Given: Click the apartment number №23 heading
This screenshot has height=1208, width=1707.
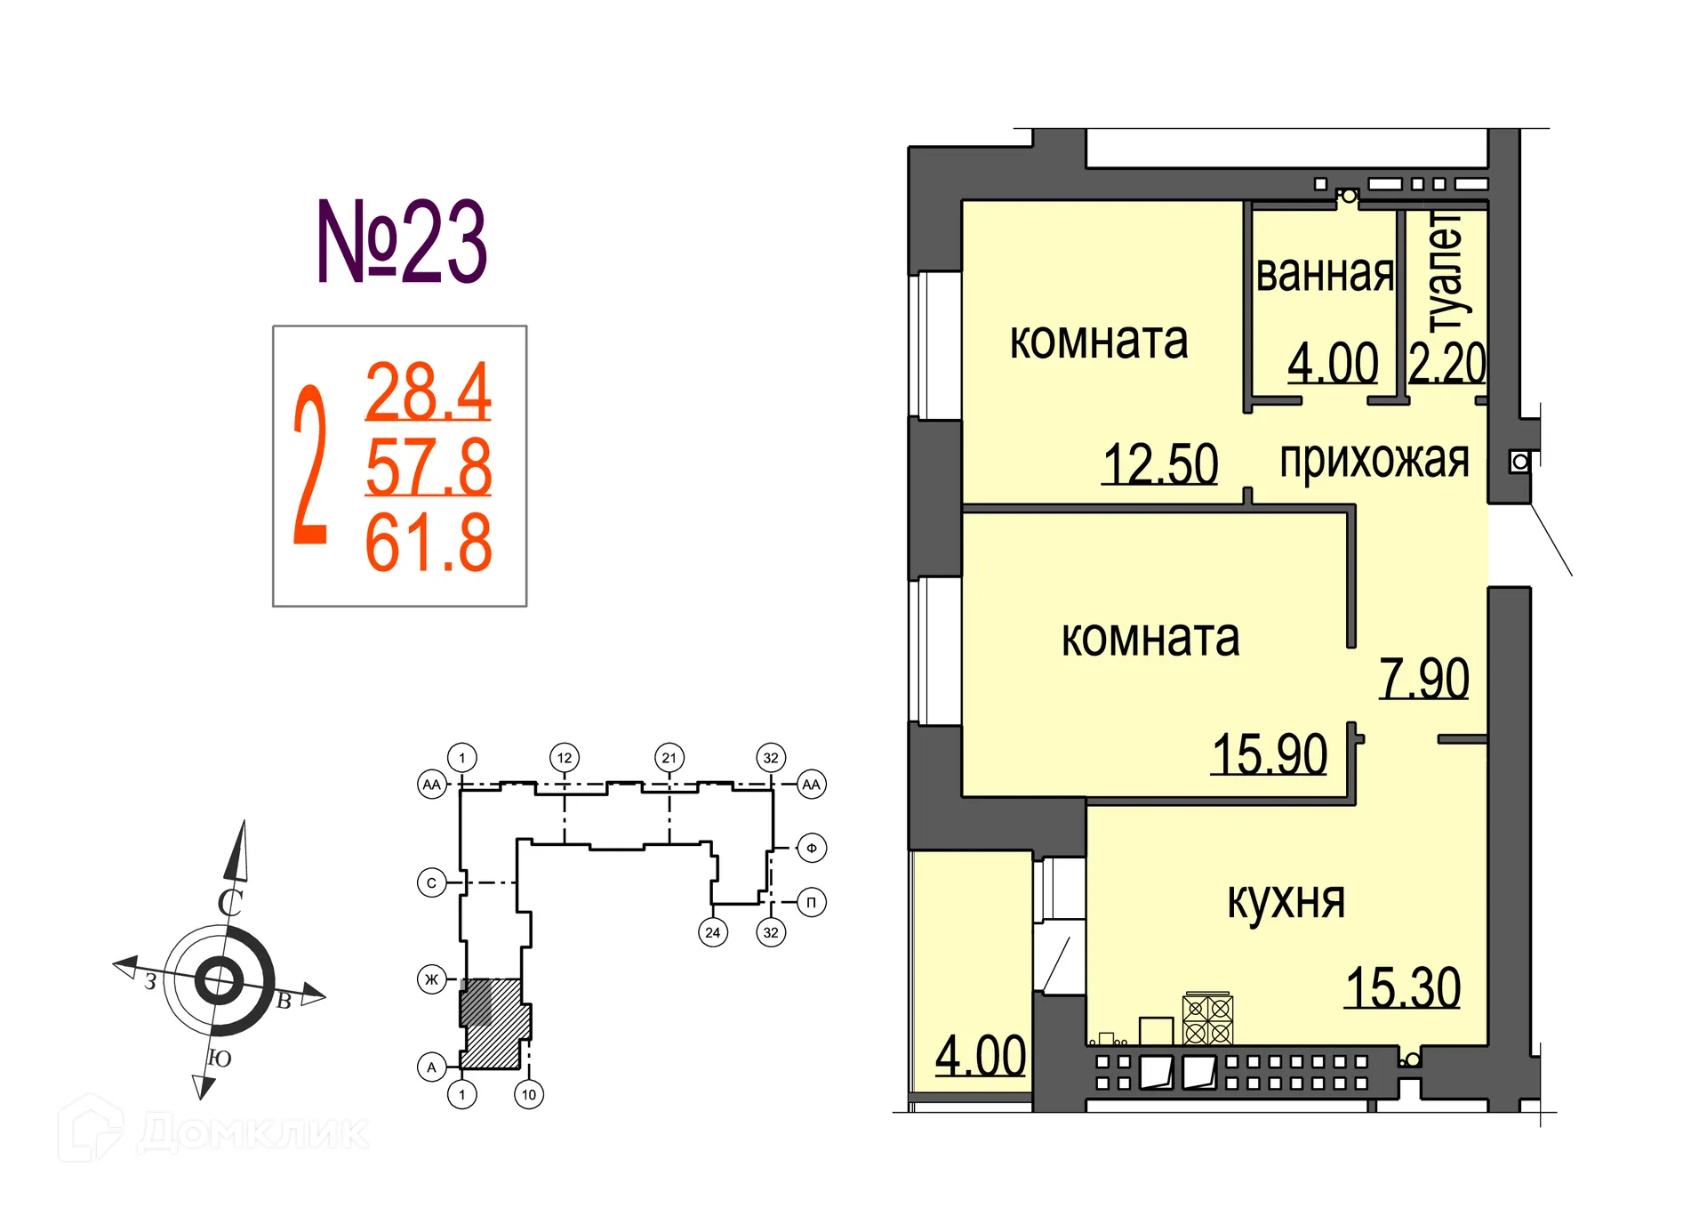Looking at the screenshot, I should (402, 242).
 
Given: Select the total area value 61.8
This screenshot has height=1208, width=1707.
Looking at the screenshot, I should (428, 543).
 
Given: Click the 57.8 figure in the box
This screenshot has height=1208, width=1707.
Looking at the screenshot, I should (428, 467).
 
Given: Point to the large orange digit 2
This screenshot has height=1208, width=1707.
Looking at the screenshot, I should (310, 465).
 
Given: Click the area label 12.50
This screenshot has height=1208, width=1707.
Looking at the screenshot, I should (1159, 463).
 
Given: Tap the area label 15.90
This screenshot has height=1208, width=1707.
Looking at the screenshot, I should (1269, 754).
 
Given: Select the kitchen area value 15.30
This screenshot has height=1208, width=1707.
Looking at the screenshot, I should (1402, 987).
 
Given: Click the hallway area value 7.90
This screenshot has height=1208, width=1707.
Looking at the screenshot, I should (1423, 679).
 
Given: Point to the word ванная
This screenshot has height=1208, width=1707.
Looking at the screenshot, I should (1324, 274).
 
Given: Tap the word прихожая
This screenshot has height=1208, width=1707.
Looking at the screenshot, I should (1374, 460).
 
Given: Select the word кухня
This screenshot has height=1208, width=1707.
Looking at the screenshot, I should (1286, 901).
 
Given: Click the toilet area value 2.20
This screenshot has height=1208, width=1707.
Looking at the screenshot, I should (1447, 363).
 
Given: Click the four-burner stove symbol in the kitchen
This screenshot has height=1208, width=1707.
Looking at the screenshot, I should (1207, 1019).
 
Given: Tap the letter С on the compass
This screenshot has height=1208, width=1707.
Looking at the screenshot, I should (230, 902).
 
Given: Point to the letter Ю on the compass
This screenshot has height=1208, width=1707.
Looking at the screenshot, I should (219, 1059).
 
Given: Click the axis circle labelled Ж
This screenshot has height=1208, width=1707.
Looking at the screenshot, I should (432, 979).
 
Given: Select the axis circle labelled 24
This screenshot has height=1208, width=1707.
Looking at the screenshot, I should (712, 932).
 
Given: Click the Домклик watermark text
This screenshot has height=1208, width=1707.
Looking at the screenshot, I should (253, 1132).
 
